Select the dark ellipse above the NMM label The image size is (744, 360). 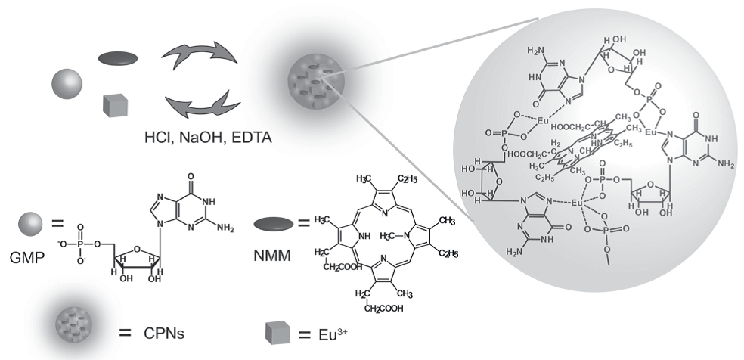[x=273, y=225]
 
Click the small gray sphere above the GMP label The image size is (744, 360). [x=29, y=224]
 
